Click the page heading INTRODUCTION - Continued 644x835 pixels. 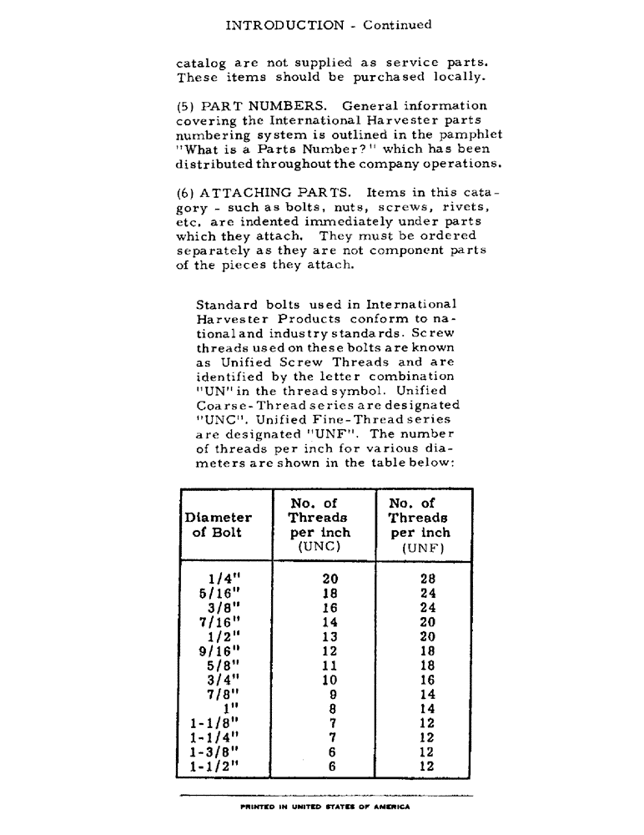coord(329,25)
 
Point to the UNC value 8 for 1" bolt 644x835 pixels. coord(332,709)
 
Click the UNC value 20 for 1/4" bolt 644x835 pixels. coord(330,577)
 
